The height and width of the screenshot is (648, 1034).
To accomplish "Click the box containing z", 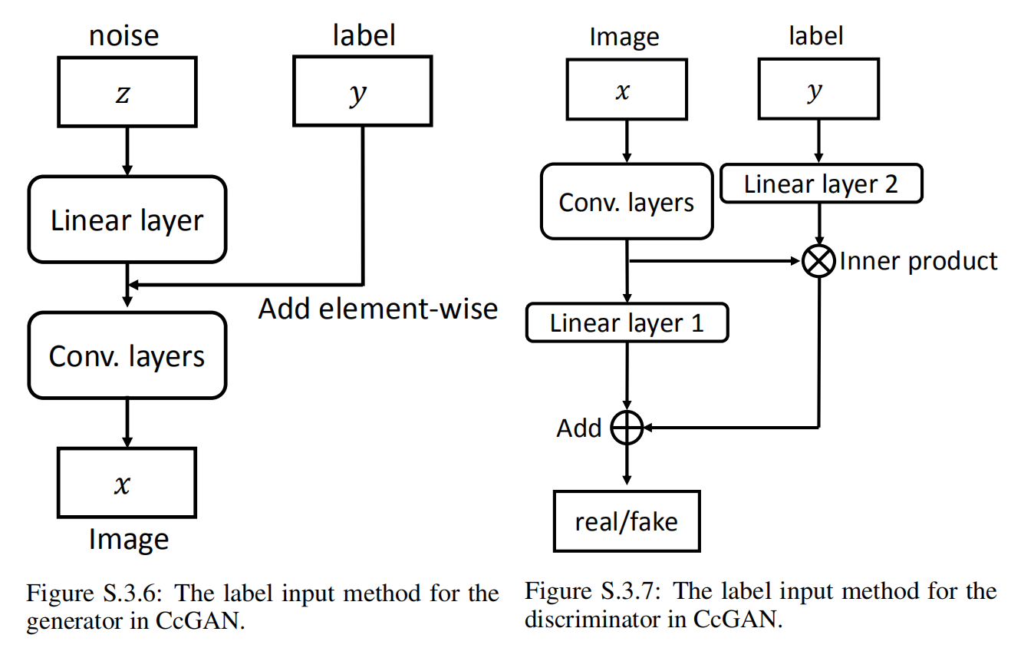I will [x=127, y=93].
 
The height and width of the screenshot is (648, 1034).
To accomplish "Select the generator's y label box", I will [x=361, y=93].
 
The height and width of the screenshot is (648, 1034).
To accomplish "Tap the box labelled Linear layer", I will [x=127, y=220].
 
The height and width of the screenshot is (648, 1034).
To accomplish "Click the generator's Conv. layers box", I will [x=127, y=355].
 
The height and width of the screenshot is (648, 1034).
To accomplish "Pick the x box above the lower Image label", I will [x=127, y=483].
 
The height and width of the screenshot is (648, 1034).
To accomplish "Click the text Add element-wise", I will [x=377, y=309].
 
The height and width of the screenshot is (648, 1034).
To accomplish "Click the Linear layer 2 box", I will [x=821, y=184].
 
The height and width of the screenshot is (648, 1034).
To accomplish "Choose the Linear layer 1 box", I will [x=627, y=322].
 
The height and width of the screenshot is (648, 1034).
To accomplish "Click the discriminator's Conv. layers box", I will [x=627, y=203].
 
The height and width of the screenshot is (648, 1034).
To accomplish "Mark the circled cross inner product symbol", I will [x=818, y=262].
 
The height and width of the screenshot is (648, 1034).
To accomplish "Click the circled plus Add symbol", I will [x=627, y=428].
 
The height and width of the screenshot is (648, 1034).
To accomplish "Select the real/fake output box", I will [x=627, y=521].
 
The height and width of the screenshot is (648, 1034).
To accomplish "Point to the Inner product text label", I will [x=918, y=262].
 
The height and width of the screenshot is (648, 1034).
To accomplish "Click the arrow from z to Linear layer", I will [x=127, y=150].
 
